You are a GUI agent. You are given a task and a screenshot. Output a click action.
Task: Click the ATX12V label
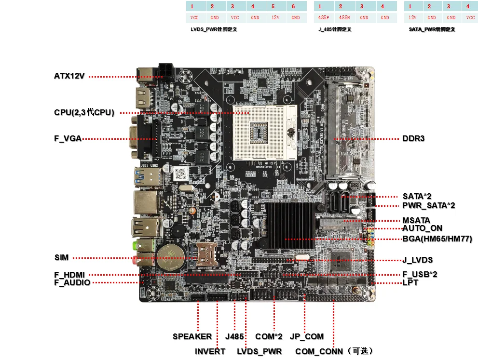69,76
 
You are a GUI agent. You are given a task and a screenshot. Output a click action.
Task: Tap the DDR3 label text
413,139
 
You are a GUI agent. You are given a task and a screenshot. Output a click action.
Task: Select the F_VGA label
68,139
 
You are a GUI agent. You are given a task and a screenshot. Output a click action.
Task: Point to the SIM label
62,258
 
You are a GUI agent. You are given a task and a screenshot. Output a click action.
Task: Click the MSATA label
416,221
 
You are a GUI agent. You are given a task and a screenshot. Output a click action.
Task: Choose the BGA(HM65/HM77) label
437,239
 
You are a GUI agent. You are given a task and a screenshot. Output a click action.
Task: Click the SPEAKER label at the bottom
192,336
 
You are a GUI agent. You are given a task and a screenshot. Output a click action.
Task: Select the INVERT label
210,351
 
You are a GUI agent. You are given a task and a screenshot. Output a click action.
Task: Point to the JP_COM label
307,336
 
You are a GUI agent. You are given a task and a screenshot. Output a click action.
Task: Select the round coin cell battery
169,254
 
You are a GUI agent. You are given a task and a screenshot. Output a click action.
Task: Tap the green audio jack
138,244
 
